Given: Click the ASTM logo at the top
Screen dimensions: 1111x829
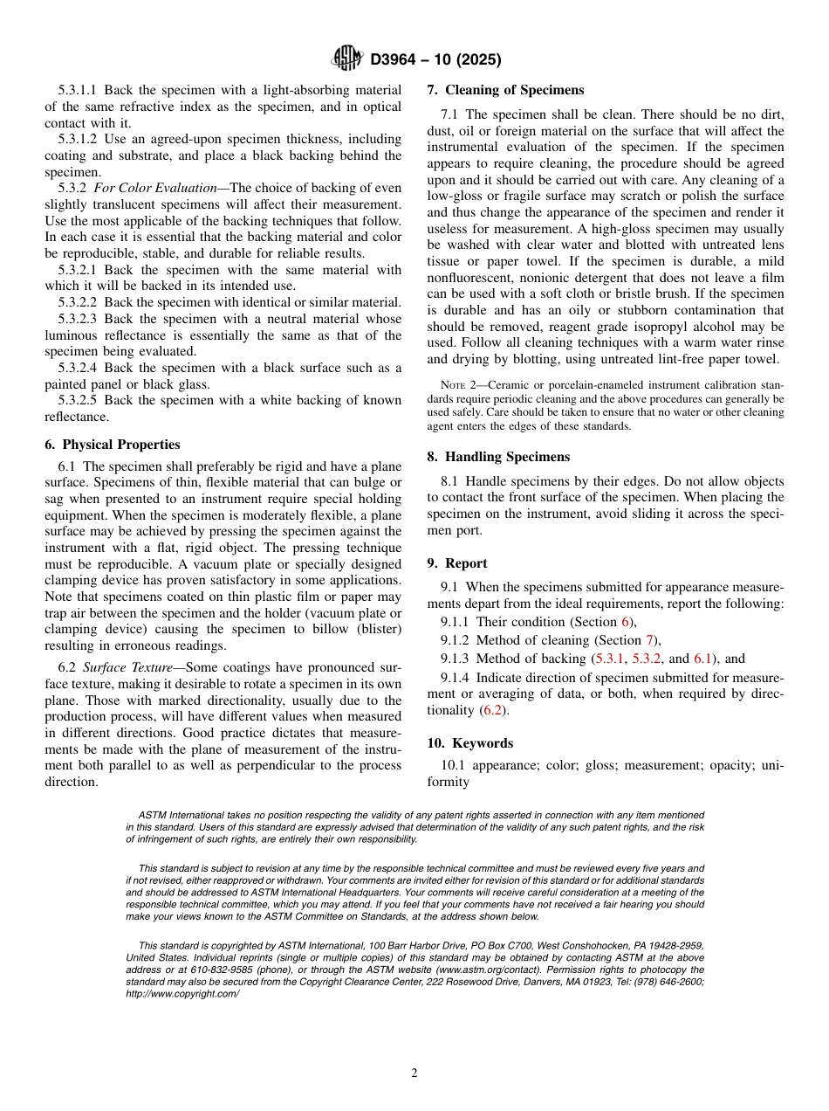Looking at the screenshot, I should (x=348, y=59).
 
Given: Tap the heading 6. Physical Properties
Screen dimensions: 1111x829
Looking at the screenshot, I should (x=113, y=445).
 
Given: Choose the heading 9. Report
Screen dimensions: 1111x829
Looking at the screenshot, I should (x=457, y=563).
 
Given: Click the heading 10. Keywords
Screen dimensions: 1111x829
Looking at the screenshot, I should (x=469, y=743).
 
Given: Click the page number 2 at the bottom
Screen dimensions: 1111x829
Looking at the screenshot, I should (x=414, y=1073).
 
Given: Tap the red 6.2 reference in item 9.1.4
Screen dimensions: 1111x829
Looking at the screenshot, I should (x=493, y=710).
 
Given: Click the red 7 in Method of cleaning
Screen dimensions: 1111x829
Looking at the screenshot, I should (x=649, y=640).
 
